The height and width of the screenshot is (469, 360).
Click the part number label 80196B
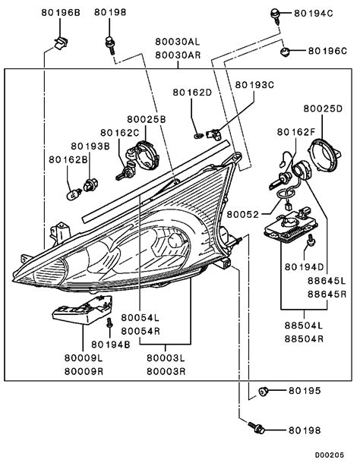point(61,13)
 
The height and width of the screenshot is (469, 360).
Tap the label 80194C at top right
point(314,14)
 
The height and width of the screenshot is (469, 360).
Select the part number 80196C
point(327,51)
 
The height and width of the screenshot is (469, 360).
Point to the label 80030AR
point(178,55)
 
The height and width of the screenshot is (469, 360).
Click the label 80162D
point(192,93)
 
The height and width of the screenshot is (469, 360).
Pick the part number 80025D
point(323,109)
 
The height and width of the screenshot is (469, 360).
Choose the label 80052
point(242,215)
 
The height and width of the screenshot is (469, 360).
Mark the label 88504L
point(304,326)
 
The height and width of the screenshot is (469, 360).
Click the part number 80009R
point(84,372)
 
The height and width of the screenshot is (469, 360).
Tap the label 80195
point(305,391)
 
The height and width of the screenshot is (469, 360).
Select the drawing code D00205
point(330,455)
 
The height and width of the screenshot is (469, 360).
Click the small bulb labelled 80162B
point(74,194)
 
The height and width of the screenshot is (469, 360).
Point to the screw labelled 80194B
point(110,323)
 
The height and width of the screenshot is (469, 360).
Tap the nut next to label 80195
point(264,391)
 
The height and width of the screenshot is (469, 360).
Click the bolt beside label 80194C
point(275,16)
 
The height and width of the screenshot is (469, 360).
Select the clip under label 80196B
point(61,44)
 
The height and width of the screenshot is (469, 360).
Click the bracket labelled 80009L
point(83,310)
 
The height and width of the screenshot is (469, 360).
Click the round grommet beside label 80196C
point(285,52)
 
